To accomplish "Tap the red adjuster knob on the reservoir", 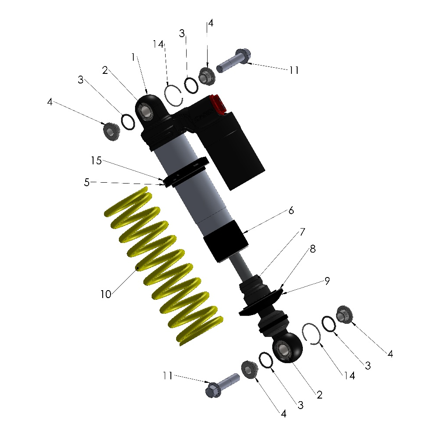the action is click(x=218, y=104).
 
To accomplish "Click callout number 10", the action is click(x=106, y=294).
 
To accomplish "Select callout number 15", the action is click(x=96, y=160).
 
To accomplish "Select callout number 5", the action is click(x=87, y=183).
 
